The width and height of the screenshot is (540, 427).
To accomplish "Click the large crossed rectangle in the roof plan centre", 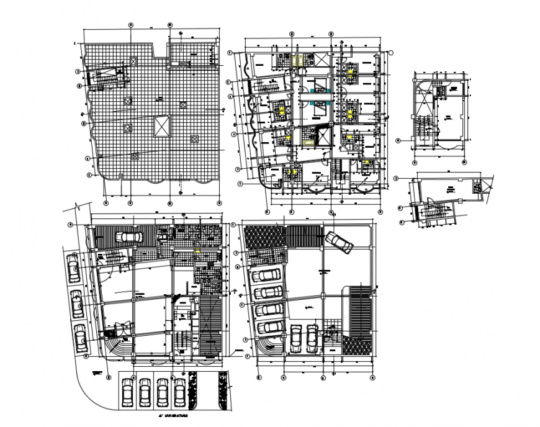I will tap(161, 127).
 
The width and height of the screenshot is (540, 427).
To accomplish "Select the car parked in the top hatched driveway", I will tap(130, 236).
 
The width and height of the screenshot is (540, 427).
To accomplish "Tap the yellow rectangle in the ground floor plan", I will tap(197, 250).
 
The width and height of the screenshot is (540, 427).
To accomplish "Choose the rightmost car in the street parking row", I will tap(179, 392).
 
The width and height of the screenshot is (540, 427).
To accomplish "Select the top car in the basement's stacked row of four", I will tap(268, 276).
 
